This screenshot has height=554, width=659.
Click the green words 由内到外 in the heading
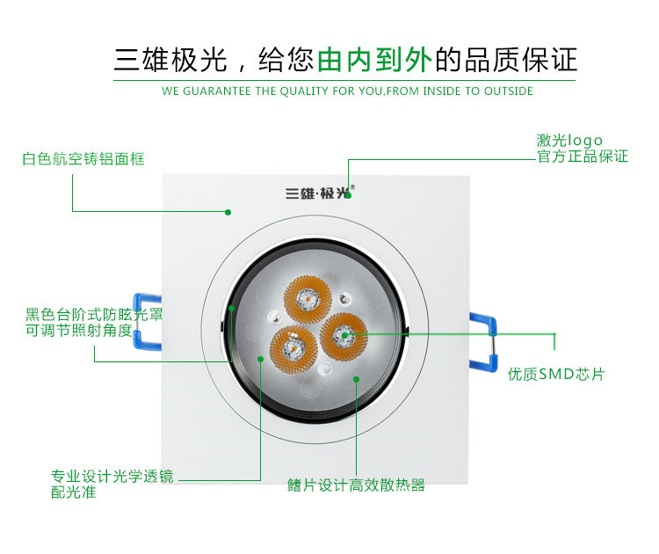[x=375, y=60]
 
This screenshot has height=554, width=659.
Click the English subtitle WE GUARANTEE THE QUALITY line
[x=347, y=91]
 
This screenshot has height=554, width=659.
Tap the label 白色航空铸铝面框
[x=83, y=159]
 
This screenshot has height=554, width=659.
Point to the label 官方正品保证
[x=583, y=157]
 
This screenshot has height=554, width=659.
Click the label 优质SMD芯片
[x=556, y=374]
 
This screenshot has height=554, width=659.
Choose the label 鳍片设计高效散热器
[x=356, y=485]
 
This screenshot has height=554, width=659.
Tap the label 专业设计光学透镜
[x=112, y=477]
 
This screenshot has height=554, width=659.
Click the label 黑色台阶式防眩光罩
[x=94, y=314]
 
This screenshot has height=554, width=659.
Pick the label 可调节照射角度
[x=79, y=330]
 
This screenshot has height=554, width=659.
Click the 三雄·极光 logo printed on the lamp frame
[x=317, y=193]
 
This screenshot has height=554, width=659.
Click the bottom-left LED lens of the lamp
[x=291, y=347]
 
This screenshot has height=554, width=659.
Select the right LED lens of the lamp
[x=343, y=335]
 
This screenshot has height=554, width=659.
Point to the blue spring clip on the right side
[x=483, y=338]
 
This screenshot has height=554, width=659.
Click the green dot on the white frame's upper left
[x=228, y=212]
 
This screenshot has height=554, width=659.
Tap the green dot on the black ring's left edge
[x=231, y=308]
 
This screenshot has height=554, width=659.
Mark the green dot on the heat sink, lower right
[x=356, y=380]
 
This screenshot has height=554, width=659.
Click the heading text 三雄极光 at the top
[x=170, y=60]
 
